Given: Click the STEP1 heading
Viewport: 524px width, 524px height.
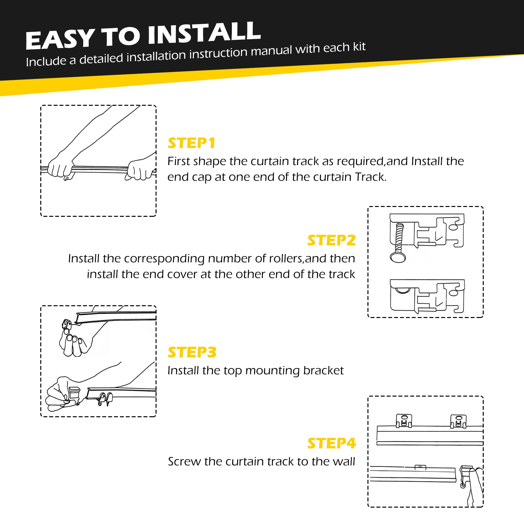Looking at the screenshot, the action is [192, 143].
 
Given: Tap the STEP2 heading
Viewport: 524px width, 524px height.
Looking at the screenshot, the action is [331, 240].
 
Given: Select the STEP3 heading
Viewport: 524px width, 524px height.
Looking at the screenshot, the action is [192, 352].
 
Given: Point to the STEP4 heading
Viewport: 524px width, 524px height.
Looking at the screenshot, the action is [331, 443].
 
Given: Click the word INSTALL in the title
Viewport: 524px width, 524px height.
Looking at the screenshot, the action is [204, 33].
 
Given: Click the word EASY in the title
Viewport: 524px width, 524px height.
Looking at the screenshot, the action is [60, 39].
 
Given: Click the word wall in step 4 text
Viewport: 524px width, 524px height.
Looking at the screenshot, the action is [344, 461].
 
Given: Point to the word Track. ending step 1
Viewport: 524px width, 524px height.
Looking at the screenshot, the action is [371, 177].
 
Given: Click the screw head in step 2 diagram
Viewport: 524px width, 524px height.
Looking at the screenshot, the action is [398, 257].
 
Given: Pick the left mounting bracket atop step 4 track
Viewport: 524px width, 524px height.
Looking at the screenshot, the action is [404, 421].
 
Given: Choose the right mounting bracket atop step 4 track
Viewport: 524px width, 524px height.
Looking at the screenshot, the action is [458, 421].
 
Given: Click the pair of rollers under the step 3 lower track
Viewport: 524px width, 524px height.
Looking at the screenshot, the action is [105, 399].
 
